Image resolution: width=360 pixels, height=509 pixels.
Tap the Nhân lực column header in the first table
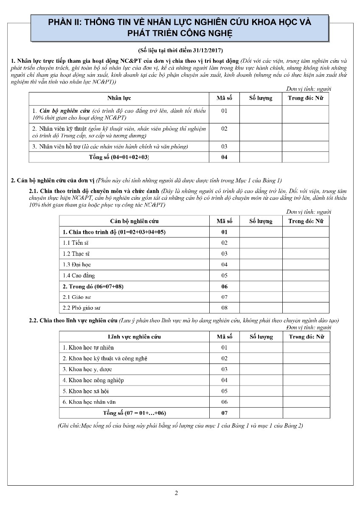(119, 98)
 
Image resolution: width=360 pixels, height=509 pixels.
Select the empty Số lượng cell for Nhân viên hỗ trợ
(261, 146)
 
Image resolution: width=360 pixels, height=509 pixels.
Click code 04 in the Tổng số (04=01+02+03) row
(224, 157)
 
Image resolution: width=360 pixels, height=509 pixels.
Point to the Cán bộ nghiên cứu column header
(134, 221)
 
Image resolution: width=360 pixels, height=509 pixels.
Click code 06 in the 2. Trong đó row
(224, 286)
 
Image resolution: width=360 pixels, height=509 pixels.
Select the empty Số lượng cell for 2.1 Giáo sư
(261, 297)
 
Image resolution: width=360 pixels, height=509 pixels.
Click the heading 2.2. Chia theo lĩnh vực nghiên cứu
(73, 320)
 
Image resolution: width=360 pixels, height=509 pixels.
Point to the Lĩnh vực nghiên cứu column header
(134, 337)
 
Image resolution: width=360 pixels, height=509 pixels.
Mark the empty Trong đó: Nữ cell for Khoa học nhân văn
(306, 402)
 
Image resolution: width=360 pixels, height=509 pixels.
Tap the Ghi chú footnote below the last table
(180, 425)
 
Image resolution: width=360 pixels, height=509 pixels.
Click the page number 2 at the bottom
(177, 493)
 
